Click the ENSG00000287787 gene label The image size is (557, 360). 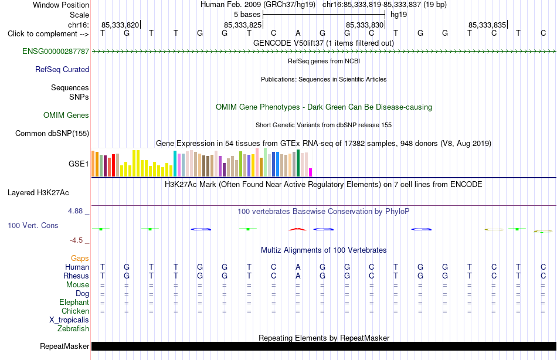(56, 51)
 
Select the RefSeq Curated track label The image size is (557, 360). (62, 69)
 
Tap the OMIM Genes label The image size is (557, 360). (66, 115)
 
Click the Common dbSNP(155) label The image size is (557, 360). (52, 133)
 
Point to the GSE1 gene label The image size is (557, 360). (79, 164)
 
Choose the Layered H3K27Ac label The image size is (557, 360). (38, 193)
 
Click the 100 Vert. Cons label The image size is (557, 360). (33, 225)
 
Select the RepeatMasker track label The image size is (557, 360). (64, 346)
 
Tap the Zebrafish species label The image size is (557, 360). (73, 329)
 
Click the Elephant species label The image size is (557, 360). (74, 303)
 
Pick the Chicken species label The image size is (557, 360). (75, 311)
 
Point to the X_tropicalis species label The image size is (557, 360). (69, 320)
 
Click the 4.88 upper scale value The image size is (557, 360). (75, 211)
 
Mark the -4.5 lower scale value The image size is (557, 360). (76, 240)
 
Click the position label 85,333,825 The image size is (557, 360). (243, 25)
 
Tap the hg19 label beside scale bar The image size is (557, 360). (399, 15)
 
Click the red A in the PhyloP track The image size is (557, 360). (298, 229)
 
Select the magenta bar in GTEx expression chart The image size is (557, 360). (311, 172)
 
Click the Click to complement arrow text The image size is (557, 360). (48, 34)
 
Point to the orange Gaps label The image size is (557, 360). (80, 259)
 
